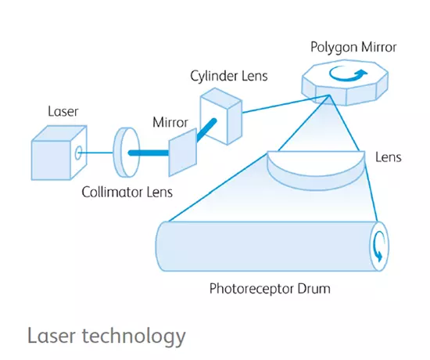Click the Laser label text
tap(63, 111)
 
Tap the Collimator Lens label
tap(127, 192)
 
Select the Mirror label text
tap(170, 122)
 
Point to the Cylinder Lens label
tap(229, 76)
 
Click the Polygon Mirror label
tap(353, 47)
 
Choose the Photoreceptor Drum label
tap(270, 289)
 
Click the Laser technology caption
tap(106, 336)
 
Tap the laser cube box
tap(59, 153)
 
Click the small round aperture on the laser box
tap(78, 153)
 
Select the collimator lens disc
tap(126, 152)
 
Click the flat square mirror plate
tap(183, 152)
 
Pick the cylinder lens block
tap(221, 116)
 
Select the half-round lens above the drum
tap(316, 170)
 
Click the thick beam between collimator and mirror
tap(149, 153)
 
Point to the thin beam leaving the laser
tap(96, 153)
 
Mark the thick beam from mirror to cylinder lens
tap(206, 129)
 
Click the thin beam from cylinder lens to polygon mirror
tap(285, 104)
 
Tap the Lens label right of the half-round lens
tap(389, 157)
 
